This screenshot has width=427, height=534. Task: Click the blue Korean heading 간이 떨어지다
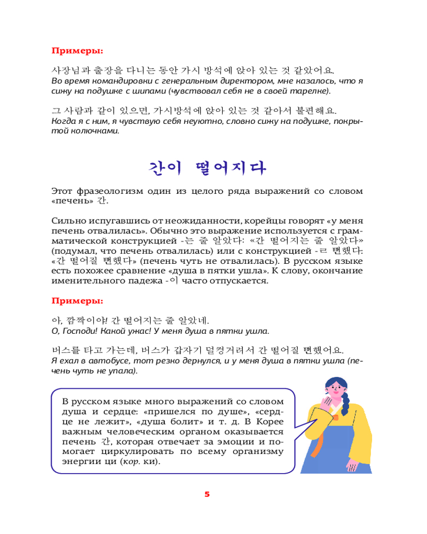click(x=207, y=167)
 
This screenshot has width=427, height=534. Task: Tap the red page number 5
click(x=207, y=494)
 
